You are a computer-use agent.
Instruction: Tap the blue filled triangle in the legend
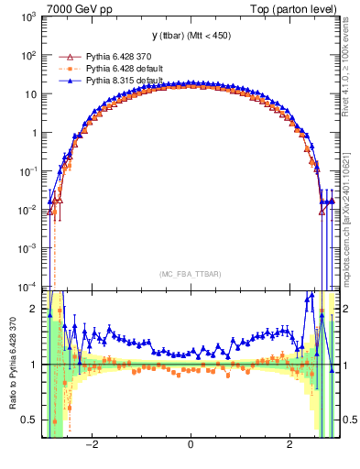coord(65,80)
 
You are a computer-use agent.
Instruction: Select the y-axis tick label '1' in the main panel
coord(36,133)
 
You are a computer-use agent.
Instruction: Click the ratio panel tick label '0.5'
coord(31,420)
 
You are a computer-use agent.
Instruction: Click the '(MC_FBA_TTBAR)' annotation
coord(190,274)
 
